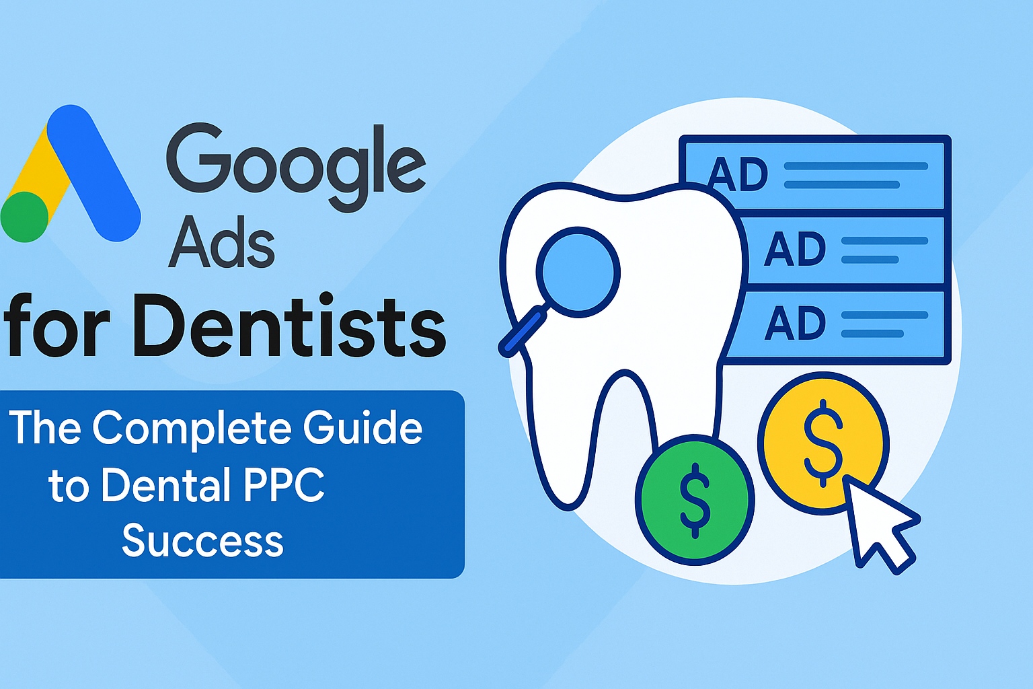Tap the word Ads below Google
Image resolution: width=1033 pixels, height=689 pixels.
pos(222,242)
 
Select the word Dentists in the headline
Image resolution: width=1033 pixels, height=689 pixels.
pos(291,326)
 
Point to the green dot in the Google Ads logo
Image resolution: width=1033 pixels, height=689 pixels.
pos(24,217)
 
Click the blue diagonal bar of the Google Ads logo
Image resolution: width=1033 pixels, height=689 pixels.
pos(94,173)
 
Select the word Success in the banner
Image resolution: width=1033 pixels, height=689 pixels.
pos(202,540)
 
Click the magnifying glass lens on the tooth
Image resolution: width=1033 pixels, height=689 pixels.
pos(578,272)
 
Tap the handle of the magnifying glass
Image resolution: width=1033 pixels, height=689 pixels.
pos(523,331)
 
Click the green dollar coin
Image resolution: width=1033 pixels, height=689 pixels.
pos(695,500)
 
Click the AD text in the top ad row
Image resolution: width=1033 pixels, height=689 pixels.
pos(738,174)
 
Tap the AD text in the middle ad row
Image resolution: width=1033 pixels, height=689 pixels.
pos(795,249)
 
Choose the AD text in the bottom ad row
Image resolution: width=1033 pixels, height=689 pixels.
pos(795,322)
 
